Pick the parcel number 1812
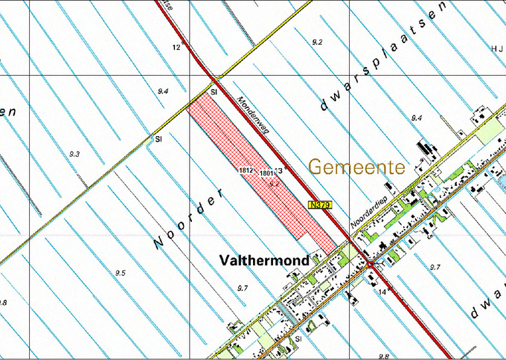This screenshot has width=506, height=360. click(247, 170)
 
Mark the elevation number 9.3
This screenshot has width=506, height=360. click(74, 154)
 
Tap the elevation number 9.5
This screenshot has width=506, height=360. click(120, 273)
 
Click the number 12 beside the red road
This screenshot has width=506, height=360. click(177, 48)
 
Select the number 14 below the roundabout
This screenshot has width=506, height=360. click(382, 292)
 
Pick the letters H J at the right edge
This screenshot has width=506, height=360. click(497, 48)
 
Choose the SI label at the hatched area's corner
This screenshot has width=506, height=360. click(214, 91)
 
